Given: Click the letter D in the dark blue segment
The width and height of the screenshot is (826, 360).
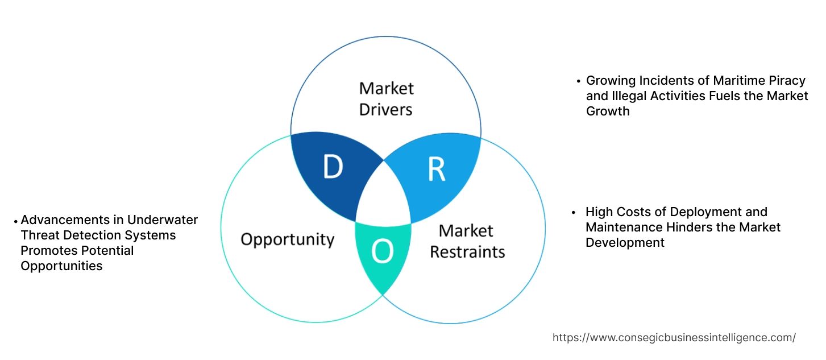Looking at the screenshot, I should [x=333, y=167].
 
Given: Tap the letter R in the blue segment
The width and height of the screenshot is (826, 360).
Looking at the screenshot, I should [x=436, y=169].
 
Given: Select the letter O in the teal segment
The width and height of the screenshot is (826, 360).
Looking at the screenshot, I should [x=382, y=252].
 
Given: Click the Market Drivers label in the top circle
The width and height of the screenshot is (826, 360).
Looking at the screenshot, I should [x=386, y=99].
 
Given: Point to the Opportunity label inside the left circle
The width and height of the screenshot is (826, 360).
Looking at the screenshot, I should [x=287, y=239].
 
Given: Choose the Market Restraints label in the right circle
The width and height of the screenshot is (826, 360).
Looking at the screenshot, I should [x=467, y=241].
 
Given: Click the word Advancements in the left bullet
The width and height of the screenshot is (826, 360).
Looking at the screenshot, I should [x=65, y=220].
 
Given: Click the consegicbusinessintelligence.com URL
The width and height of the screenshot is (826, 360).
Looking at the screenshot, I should [x=674, y=338].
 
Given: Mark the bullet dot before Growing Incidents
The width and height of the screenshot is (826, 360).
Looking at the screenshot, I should [x=579, y=81].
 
